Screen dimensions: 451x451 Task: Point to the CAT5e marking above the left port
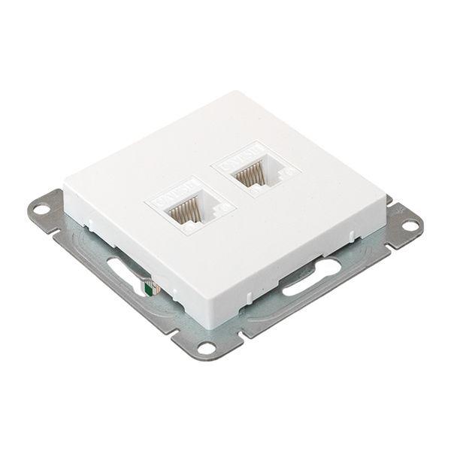pos(173,192)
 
